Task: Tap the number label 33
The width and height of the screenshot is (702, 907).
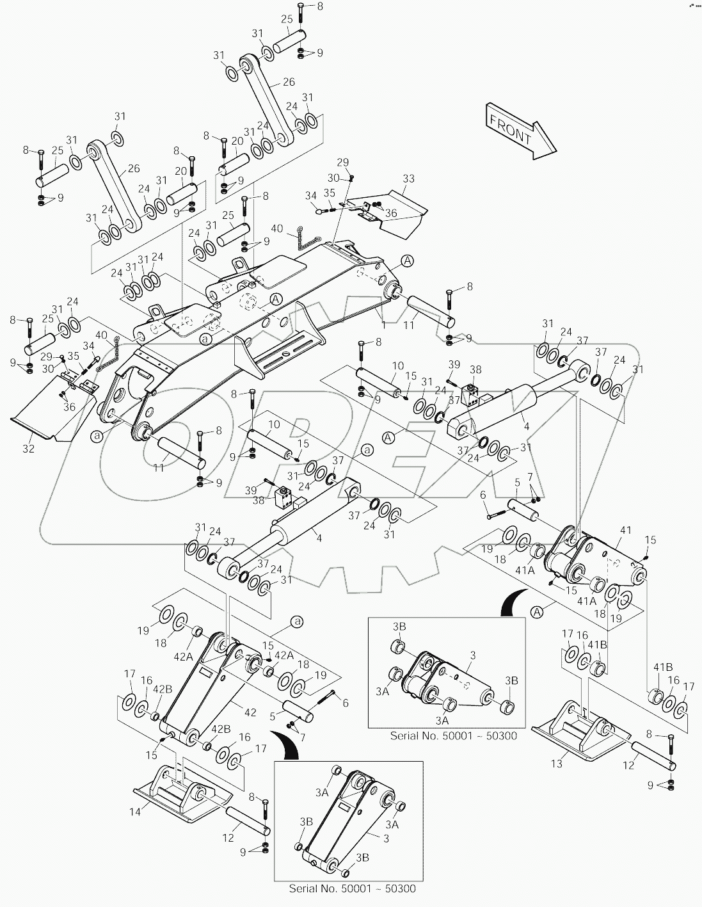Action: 408,179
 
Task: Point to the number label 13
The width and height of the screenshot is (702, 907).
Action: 556,763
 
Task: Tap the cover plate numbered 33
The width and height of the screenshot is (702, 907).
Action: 397,211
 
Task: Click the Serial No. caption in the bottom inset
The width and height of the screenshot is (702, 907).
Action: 355,889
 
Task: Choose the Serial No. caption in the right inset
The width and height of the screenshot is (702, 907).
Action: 453,735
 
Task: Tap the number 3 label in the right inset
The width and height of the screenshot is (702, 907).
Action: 472,655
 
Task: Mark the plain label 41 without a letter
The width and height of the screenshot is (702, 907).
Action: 625,529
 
